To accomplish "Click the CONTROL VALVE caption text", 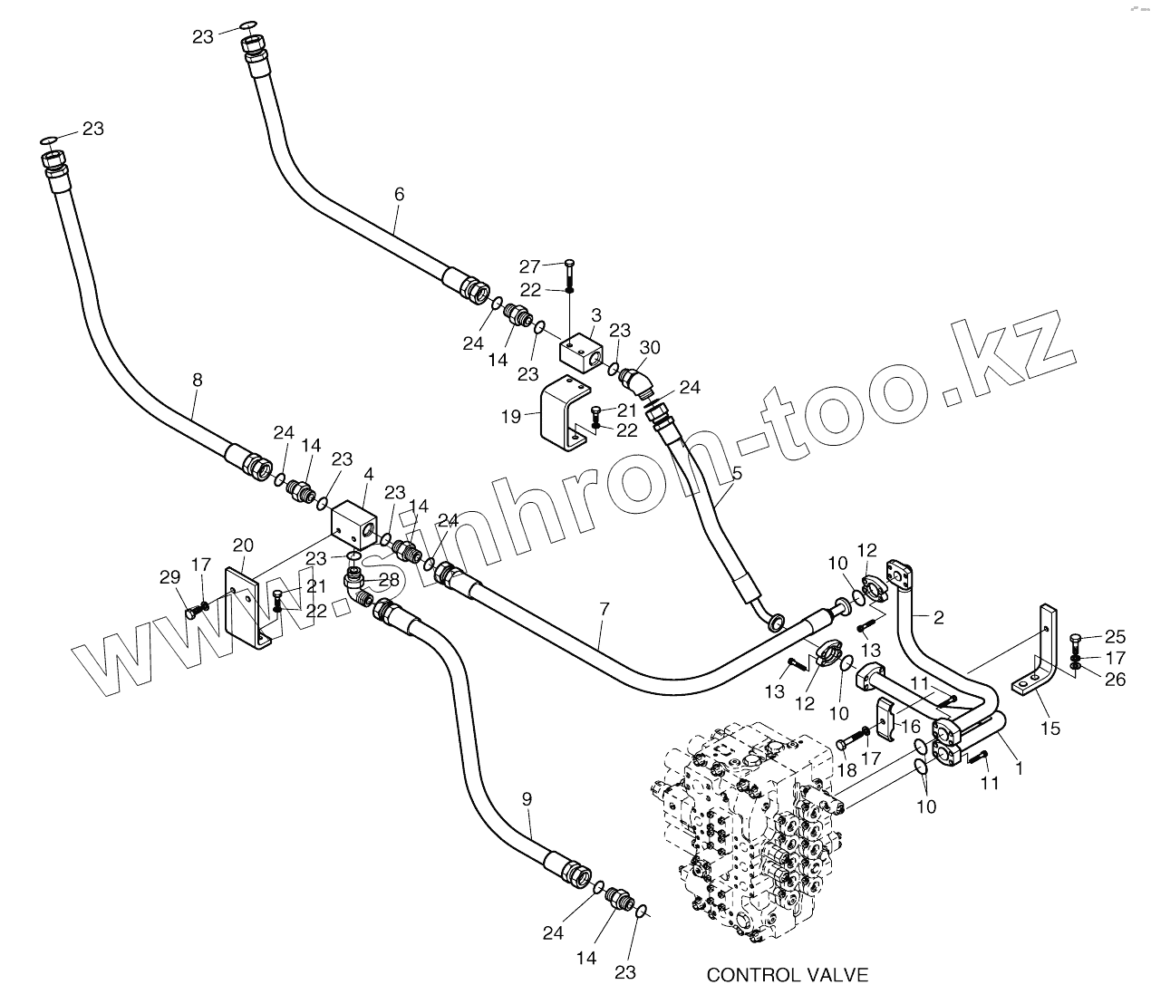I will click(x=787, y=975).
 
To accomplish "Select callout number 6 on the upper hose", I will click(x=399, y=194).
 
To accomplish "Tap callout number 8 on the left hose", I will click(x=198, y=381).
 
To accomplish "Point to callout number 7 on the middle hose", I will click(x=605, y=612).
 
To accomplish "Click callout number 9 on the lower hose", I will click(x=527, y=799).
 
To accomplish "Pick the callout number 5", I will click(x=737, y=473).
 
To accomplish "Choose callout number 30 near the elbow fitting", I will click(x=650, y=346).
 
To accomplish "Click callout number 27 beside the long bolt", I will click(x=529, y=265).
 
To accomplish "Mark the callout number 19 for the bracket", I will click(x=510, y=417).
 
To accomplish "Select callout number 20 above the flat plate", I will click(x=243, y=545).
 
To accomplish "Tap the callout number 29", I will click(x=169, y=578).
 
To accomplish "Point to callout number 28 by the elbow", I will click(x=388, y=579).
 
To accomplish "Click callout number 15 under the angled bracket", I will click(x=1049, y=728).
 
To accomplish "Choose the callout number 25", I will click(x=1115, y=637).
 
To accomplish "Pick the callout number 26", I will click(x=1115, y=679).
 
